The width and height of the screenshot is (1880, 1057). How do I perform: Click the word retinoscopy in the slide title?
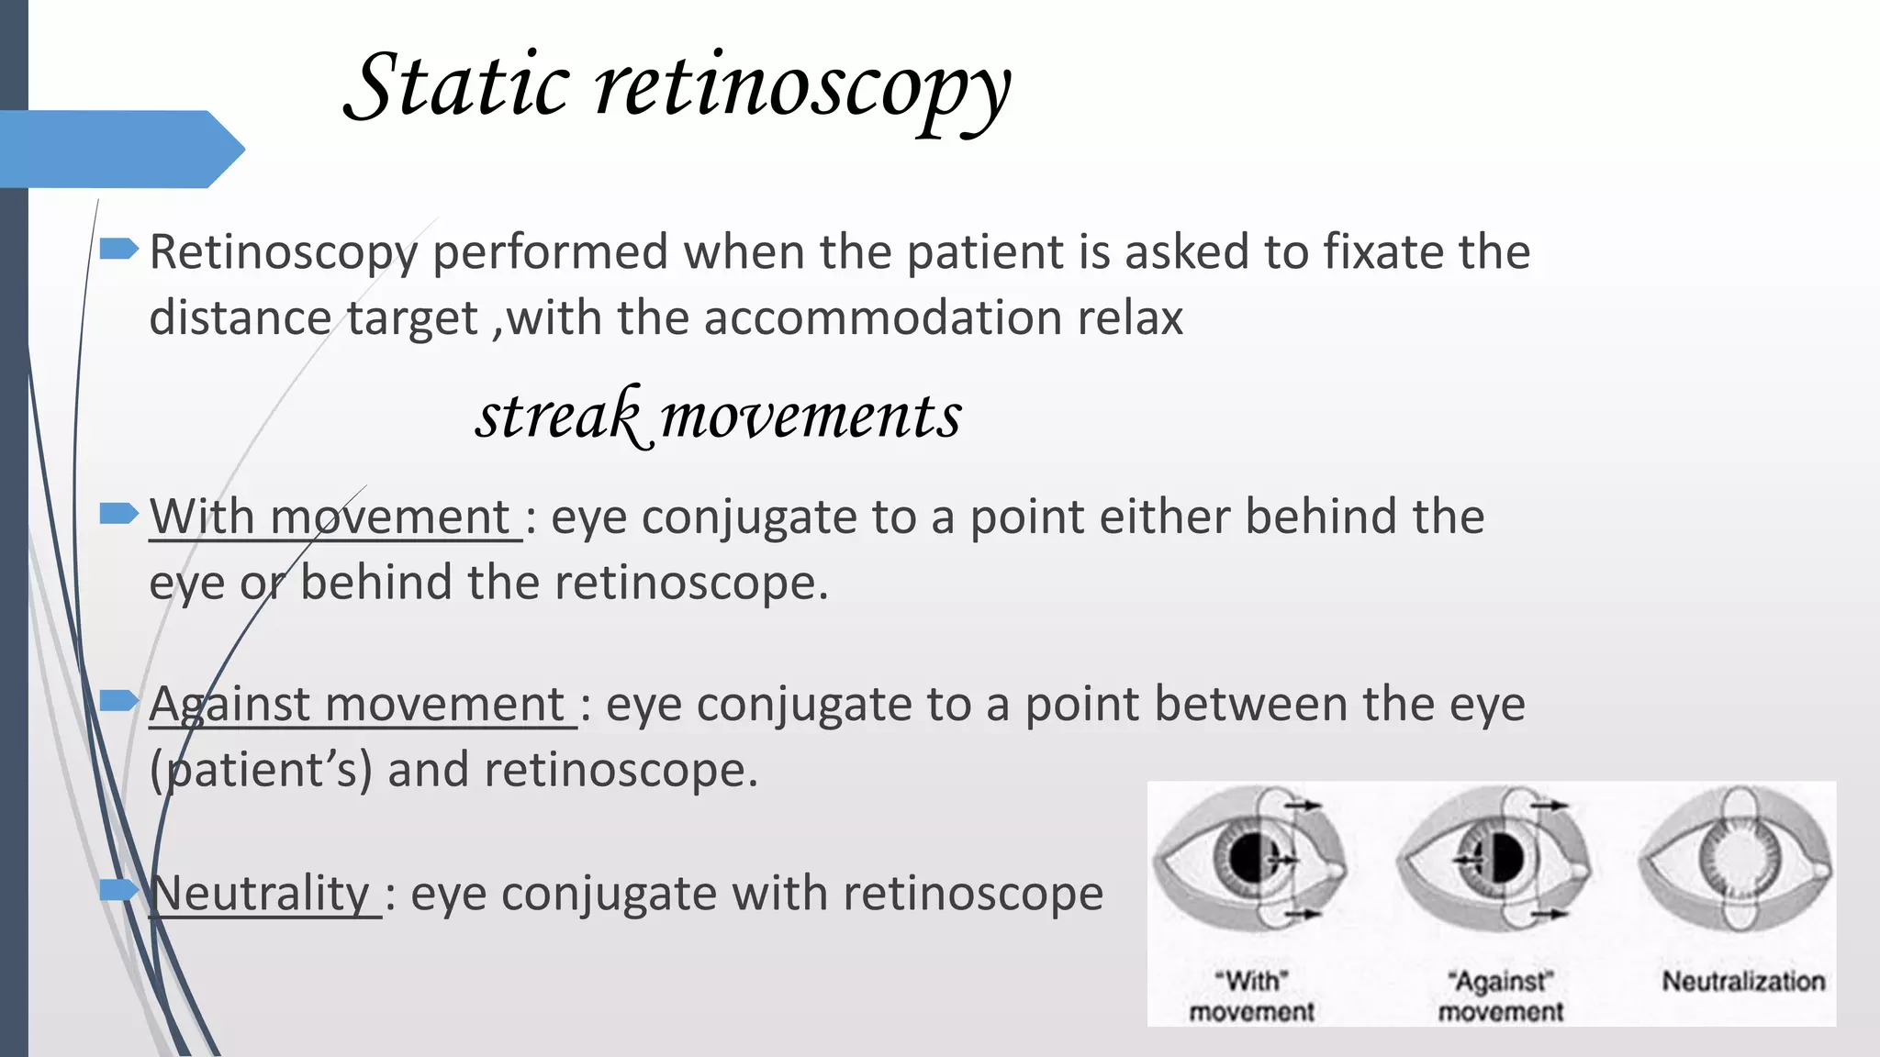pyautogui.click(x=803, y=90)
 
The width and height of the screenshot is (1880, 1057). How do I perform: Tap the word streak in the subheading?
pyautogui.click(x=557, y=416)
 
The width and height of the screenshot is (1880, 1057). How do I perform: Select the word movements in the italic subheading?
pyautogui.click(x=811, y=416)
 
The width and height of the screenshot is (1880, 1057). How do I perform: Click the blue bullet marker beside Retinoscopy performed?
pyautogui.click(x=118, y=248)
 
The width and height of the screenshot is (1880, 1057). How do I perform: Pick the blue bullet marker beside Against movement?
pyautogui.click(x=118, y=702)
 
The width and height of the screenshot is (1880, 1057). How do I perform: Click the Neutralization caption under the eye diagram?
pyautogui.click(x=1743, y=982)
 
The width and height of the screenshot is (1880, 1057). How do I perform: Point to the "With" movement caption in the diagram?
pyautogui.click(x=1251, y=996)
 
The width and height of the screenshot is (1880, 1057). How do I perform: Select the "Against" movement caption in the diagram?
pyautogui.click(x=1500, y=996)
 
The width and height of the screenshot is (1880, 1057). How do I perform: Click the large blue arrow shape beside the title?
pyautogui.click(x=119, y=149)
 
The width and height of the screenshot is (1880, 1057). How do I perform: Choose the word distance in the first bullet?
pyautogui.click(x=240, y=318)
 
